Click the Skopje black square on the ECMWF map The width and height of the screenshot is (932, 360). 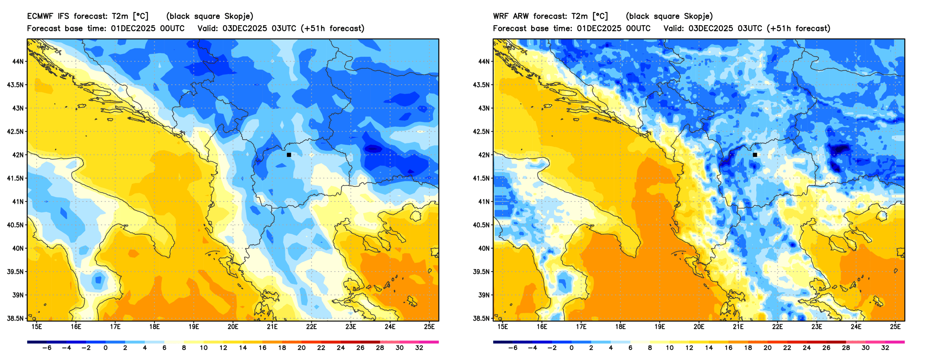tap(289, 155)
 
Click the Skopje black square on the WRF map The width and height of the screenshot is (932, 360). tap(755, 155)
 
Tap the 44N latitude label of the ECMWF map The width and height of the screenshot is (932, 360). tap(18, 61)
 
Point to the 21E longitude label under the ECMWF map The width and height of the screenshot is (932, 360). tap(272, 327)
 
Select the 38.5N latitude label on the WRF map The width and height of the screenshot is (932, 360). tap(481, 318)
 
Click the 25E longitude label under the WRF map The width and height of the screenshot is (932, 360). tap(895, 327)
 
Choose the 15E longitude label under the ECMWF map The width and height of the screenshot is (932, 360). tap(37, 327)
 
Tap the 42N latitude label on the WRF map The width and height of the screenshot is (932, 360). tap(484, 155)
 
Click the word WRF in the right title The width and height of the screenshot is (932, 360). tap(501, 16)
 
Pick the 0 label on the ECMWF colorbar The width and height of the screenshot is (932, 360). tap(105, 348)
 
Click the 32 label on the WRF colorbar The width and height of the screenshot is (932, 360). tap(885, 348)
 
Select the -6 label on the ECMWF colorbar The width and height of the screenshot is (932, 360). tap(47, 348)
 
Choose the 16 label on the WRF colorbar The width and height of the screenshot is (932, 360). tap(728, 348)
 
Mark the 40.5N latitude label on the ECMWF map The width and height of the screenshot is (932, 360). tap(15, 225)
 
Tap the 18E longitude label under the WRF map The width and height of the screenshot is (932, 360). tap(620, 327)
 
